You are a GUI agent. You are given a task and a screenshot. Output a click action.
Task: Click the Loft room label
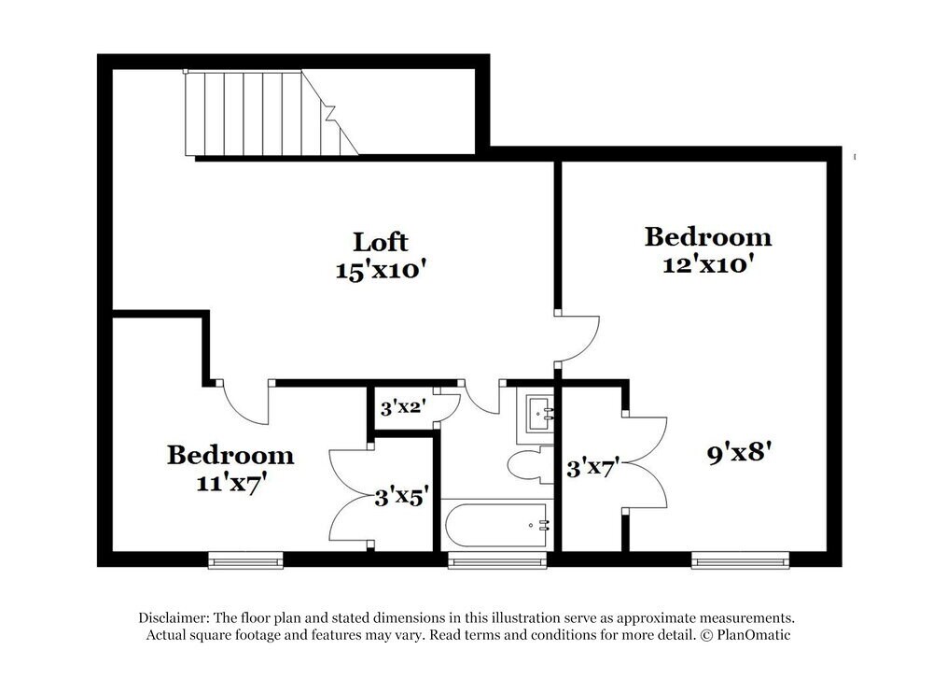[381, 242]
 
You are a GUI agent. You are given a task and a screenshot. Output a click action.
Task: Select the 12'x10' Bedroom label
[708, 237]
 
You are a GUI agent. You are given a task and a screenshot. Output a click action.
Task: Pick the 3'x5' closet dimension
[401, 496]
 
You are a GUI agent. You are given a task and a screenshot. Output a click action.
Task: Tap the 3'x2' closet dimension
[402, 407]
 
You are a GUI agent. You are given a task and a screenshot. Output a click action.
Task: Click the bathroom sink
[537, 412]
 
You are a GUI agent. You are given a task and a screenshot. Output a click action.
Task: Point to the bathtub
[495, 526]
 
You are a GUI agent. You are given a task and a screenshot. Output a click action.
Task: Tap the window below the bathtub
[496, 560]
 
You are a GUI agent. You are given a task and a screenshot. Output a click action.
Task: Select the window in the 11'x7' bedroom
[245, 560]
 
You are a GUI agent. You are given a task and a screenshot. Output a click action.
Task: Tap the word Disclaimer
[174, 618]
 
